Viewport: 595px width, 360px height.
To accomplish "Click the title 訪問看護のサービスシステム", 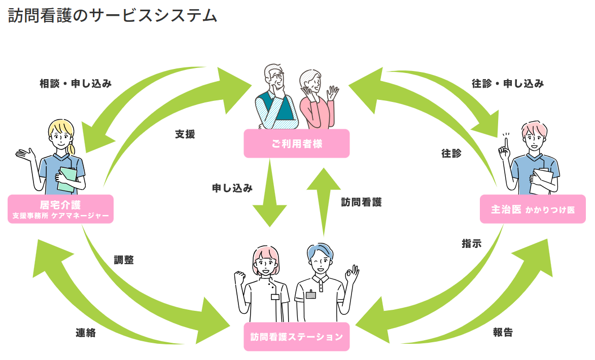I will [x=113, y=16].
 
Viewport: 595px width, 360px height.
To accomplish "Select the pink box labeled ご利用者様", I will [x=297, y=143].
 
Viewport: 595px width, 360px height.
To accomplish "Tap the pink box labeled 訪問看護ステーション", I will [x=297, y=337].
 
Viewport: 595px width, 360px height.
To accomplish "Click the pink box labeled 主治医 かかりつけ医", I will [x=533, y=209].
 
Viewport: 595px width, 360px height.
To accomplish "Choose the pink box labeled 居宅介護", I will [x=60, y=209].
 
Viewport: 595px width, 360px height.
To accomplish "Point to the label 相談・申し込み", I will [x=76, y=84].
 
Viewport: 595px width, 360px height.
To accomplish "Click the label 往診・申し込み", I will [x=508, y=84].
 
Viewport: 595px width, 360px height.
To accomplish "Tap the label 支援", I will [x=185, y=134].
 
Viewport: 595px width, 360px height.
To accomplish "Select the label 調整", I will [x=124, y=260].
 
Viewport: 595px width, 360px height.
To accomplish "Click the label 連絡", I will [x=86, y=333].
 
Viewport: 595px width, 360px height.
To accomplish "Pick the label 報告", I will [x=503, y=333].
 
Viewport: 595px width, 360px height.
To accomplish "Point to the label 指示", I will [x=471, y=243].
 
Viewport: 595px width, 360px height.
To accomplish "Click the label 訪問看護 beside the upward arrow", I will [x=361, y=202].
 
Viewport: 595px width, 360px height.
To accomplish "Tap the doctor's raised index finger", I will [x=505, y=140].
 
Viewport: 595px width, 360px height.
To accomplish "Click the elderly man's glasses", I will [x=276, y=76].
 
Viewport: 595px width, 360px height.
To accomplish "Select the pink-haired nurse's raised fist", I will [x=238, y=278].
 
